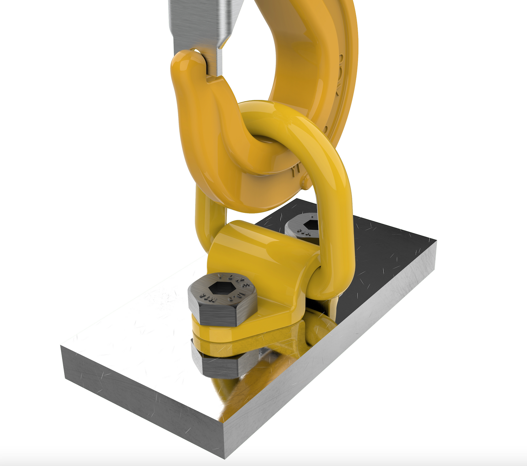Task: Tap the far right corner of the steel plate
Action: (436, 241)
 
